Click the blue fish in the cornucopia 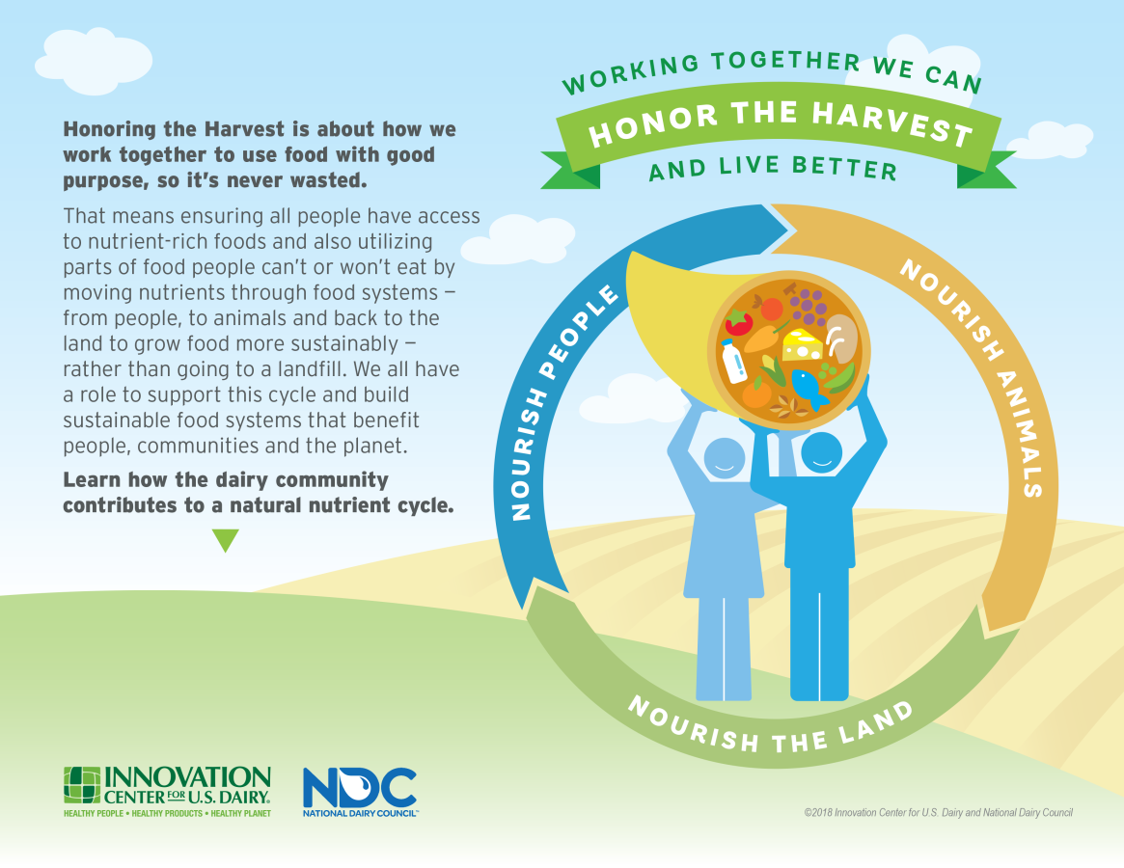(810, 388)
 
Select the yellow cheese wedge (802, 344)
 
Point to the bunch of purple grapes (809, 306)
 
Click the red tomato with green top (739, 322)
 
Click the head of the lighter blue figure (725, 458)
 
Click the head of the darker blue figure (821, 453)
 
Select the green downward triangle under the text (226, 540)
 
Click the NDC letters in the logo (359, 787)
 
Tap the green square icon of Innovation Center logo (82, 786)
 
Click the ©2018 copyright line (939, 813)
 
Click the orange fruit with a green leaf (756, 393)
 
